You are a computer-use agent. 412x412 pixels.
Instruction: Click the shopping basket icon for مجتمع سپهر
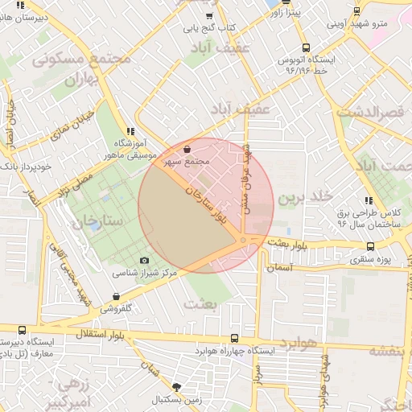click(187, 149)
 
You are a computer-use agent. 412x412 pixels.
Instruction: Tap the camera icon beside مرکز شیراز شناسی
click(145, 260)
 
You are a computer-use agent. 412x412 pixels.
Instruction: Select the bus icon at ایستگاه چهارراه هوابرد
click(234, 339)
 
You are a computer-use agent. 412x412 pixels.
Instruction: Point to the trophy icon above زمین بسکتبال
click(177, 387)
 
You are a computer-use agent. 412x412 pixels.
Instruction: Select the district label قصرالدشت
click(371, 111)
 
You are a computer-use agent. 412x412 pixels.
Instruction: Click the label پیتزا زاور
click(286, 14)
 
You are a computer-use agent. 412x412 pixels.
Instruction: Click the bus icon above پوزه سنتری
click(370, 246)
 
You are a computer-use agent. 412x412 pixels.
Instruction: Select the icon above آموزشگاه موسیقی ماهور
click(130, 131)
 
